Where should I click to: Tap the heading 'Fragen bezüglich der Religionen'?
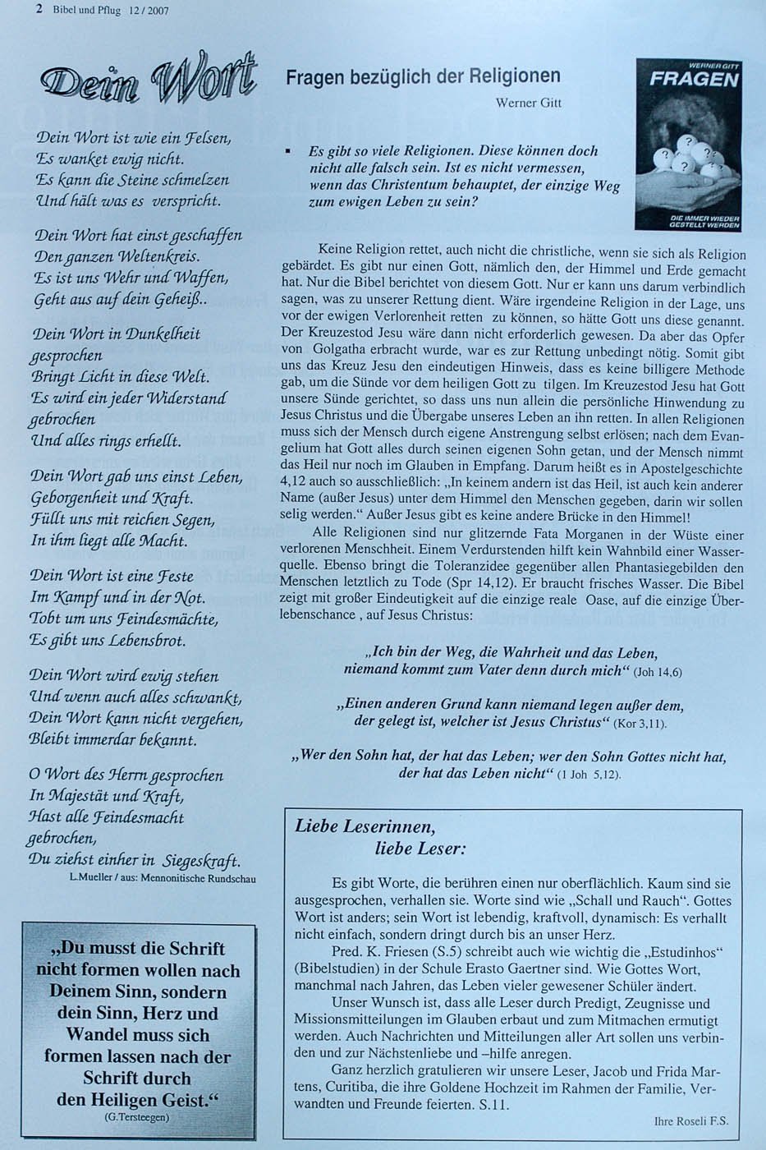[423, 77]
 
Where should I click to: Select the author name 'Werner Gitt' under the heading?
[528, 103]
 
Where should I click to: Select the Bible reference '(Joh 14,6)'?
[657, 673]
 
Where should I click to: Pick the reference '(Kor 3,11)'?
[637, 724]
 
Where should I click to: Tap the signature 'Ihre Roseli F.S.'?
[691, 1120]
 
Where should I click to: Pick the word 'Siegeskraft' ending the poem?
[200, 861]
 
